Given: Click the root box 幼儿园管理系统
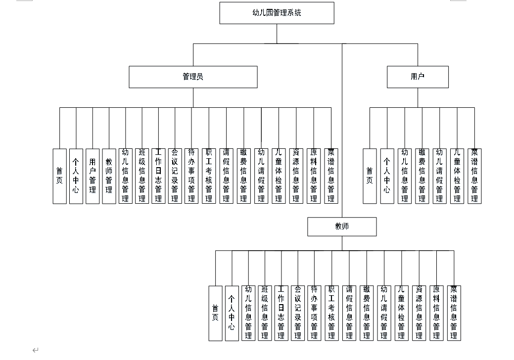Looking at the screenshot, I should click(277, 13).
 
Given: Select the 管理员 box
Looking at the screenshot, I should click(193, 77).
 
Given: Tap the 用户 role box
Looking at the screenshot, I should click(418, 77).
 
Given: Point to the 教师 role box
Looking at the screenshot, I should click(342, 226).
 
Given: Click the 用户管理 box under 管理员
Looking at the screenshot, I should click(93, 176).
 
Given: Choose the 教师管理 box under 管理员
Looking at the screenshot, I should click(109, 176).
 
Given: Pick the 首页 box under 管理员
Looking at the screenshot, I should click(59, 176).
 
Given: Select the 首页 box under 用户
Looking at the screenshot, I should click(370, 176).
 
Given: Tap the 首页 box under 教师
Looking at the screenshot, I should click(215, 313).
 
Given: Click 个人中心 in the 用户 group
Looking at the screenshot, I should click(387, 176).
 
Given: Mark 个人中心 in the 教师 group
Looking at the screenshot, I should click(232, 313).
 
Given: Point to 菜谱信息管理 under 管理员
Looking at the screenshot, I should click(331, 176).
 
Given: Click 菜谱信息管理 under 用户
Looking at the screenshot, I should click(474, 176).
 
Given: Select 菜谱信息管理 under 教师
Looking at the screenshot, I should click(453, 313).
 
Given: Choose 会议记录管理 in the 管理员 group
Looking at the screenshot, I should click(175, 176).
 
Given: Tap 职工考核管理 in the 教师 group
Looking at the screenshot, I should click(332, 313).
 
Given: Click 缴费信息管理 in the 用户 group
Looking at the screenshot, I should click(422, 176).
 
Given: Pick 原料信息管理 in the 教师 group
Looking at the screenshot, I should click(436, 313).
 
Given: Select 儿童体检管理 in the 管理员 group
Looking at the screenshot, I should click(279, 176).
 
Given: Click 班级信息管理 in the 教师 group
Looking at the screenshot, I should click(265, 313).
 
